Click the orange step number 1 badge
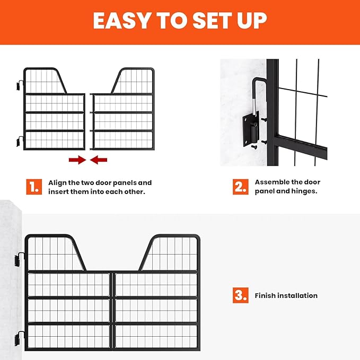[34, 187]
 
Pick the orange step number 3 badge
[240, 295]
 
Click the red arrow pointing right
[77, 159]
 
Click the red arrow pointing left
[99, 159]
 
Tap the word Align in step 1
[58, 182]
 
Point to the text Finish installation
[286, 295]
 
